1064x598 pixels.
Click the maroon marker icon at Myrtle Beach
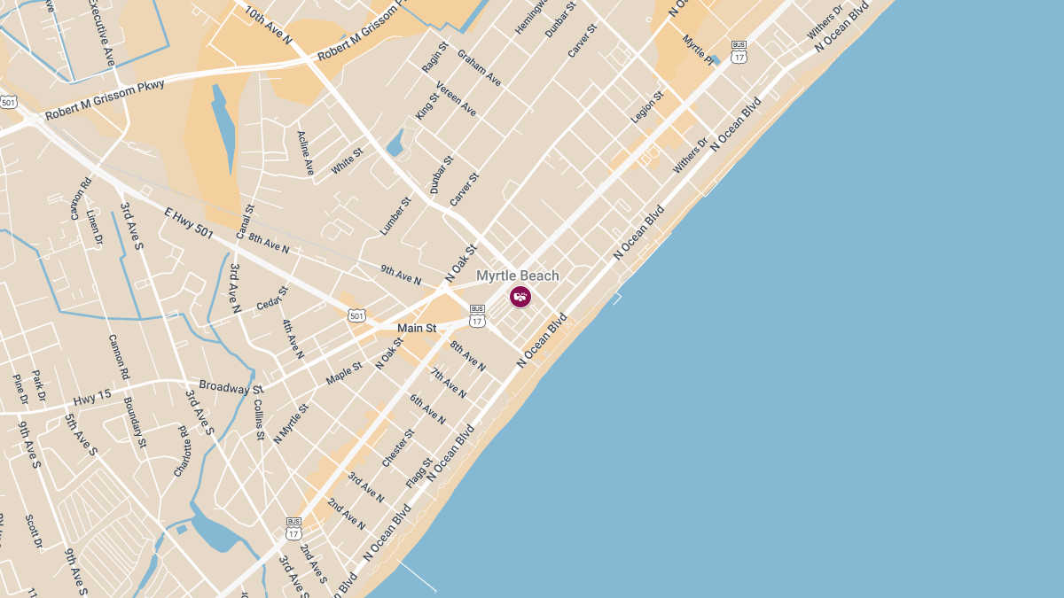(x=520, y=296)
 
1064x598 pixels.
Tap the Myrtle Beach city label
(x=518, y=276)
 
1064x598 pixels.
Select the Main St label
(x=417, y=328)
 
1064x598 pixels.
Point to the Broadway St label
(x=231, y=387)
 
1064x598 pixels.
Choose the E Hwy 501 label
(x=189, y=221)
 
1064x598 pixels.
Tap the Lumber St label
(x=396, y=215)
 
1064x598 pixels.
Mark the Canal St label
(x=246, y=221)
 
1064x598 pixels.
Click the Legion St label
(x=647, y=107)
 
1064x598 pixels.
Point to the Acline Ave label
(x=306, y=152)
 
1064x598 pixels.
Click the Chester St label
(x=398, y=448)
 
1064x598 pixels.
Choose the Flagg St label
(x=419, y=471)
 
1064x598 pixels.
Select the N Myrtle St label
(x=291, y=423)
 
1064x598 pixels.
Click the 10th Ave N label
(x=269, y=26)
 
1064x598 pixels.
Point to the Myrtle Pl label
(x=699, y=50)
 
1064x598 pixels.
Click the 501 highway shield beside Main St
(x=356, y=315)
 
